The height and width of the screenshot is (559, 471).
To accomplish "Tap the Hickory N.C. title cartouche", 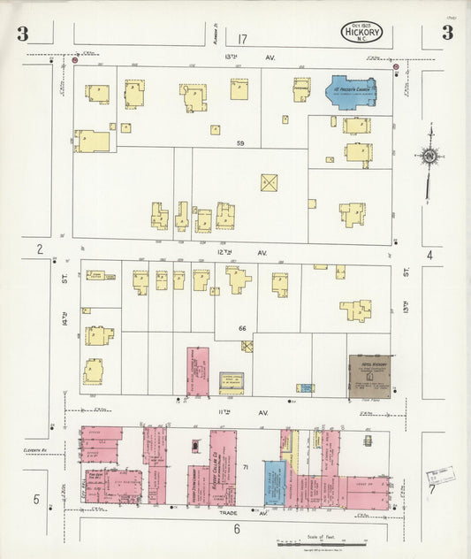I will pos(366,34).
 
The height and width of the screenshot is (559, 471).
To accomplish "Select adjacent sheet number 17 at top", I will pos(242,38).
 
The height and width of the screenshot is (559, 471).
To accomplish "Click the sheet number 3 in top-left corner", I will pos(22,34).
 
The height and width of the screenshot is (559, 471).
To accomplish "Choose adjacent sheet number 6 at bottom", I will pos(237,528).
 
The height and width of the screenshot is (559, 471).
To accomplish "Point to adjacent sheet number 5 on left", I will pos(36,500).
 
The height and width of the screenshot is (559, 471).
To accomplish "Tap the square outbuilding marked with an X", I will pos(270,182).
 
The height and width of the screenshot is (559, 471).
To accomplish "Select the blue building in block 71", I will pos(274,482).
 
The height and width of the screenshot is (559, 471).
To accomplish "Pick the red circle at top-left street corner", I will pos(75,61).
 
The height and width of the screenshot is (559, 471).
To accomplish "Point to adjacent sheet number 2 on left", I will pos(40,250).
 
